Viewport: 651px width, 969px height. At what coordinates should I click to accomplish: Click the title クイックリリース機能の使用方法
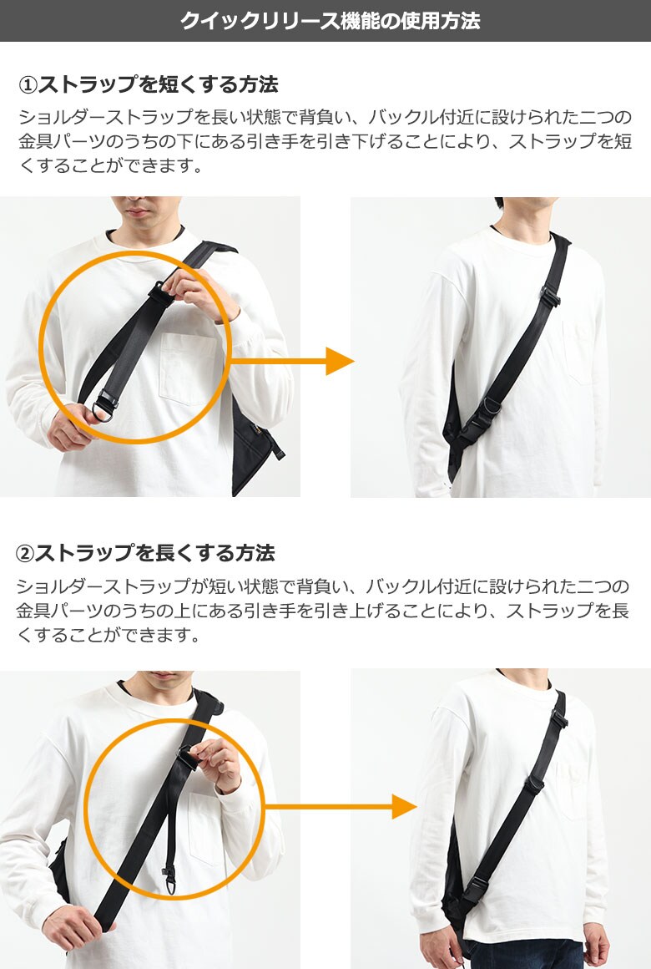click(x=330, y=20)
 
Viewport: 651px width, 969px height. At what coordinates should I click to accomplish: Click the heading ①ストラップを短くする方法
click(x=149, y=84)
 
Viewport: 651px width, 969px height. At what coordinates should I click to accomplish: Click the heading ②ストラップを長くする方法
click(x=145, y=552)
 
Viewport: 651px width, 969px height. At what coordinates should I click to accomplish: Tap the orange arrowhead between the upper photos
click(x=339, y=361)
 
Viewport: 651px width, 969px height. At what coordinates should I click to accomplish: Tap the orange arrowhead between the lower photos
click(x=404, y=806)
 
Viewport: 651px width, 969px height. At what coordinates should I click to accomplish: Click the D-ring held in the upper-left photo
click(x=103, y=409)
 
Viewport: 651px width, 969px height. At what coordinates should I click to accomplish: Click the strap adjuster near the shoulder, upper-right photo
click(x=549, y=296)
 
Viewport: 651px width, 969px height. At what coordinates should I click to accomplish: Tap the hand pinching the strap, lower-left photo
click(x=216, y=765)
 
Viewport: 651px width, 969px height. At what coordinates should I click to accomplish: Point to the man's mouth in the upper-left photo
click(x=138, y=212)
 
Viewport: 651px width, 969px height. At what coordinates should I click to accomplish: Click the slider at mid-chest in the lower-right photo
click(x=533, y=784)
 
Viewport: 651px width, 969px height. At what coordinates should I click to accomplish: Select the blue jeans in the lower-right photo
click(x=525, y=954)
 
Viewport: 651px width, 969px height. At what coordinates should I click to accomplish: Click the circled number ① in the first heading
click(x=28, y=84)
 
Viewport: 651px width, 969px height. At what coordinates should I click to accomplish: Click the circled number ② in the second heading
click(x=25, y=553)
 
